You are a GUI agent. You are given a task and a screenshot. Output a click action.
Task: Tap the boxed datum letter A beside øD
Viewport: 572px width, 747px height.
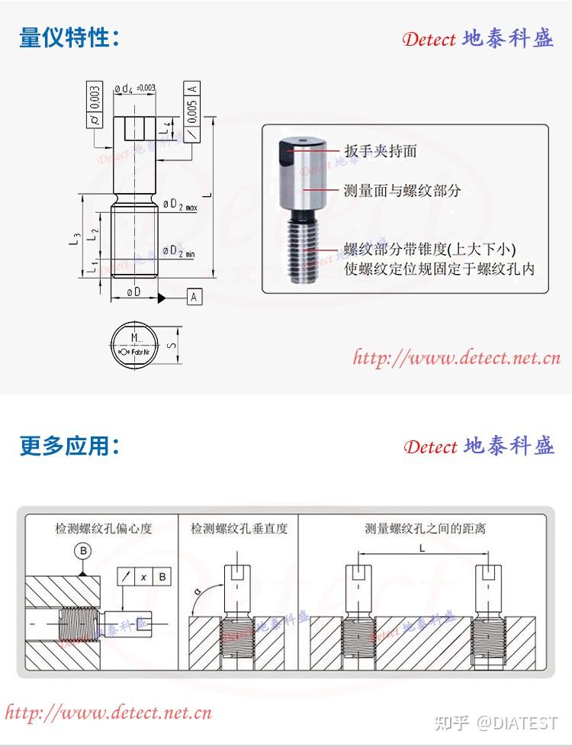[x=194, y=297]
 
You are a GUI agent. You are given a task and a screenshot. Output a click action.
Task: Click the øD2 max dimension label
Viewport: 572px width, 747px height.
[x=179, y=205]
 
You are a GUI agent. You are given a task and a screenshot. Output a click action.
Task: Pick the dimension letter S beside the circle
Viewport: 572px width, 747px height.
[x=172, y=346]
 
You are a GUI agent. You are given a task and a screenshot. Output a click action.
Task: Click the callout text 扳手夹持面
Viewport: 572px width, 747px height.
[x=380, y=151]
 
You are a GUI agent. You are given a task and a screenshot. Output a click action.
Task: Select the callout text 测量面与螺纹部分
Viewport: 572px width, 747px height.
[x=402, y=190]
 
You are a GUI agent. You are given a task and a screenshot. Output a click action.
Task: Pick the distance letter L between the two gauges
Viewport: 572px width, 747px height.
[x=422, y=549]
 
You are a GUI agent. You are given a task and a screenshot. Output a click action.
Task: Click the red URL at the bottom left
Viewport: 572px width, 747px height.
[x=108, y=713]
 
